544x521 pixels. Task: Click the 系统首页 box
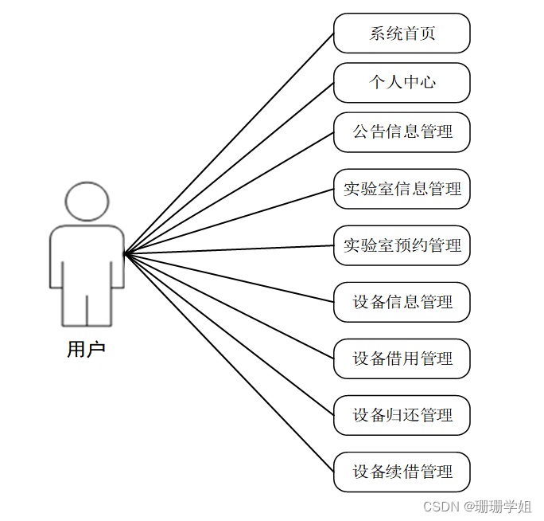[x=402, y=33]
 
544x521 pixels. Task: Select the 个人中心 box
[x=402, y=83]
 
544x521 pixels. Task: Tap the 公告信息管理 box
[x=402, y=132]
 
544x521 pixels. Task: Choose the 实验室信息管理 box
[x=402, y=190]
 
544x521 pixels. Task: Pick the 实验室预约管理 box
[x=402, y=245]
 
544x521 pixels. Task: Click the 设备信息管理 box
[x=402, y=302]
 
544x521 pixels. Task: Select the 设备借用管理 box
[x=402, y=358]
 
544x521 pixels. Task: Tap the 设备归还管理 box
[x=402, y=415]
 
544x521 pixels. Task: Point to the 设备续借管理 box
[x=402, y=472]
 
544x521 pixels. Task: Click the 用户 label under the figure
[x=87, y=350]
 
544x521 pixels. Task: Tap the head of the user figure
[x=87, y=202]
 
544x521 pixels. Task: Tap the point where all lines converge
[x=125, y=254]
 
